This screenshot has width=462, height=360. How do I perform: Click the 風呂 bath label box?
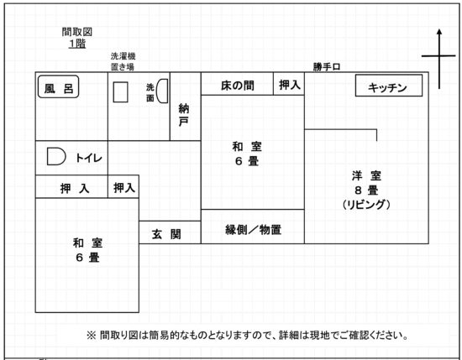pyautogui.click(x=58, y=86)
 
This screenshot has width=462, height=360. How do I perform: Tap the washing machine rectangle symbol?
pyautogui.click(x=120, y=91)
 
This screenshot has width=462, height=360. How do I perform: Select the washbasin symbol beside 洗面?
pyautogui.click(x=162, y=91)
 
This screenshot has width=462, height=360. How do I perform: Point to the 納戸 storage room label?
pyautogui.click(x=184, y=115)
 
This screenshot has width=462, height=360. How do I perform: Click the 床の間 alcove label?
pyautogui.click(x=238, y=86)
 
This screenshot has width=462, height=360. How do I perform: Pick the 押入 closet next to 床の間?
pyautogui.click(x=290, y=85)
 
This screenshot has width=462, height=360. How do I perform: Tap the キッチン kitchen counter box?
pyautogui.click(x=389, y=86)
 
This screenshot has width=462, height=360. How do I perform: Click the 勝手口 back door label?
pyautogui.click(x=327, y=67)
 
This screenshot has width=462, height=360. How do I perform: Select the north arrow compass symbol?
pyautogui.click(x=439, y=59)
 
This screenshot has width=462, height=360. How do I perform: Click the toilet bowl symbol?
pyautogui.click(x=56, y=156)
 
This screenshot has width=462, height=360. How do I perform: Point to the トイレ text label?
pyautogui.click(x=89, y=158)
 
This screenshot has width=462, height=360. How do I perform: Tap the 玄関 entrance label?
pyautogui.click(x=166, y=234)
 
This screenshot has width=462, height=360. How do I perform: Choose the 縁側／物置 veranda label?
pyautogui.click(x=253, y=230)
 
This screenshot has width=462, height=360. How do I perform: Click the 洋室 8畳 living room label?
pyautogui.click(x=366, y=183)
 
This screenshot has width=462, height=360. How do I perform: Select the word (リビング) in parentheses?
pyautogui.click(x=366, y=204)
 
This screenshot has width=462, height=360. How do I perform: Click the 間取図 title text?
pyautogui.click(x=77, y=32)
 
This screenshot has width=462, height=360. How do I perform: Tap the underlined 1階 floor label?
pyautogui.click(x=77, y=44)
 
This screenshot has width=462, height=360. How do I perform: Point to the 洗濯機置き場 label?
pyautogui.click(x=123, y=61)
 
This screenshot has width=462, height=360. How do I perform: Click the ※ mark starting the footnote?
pyautogui.click(x=92, y=335)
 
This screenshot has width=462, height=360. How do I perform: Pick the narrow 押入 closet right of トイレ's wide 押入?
pyautogui.click(x=124, y=187)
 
